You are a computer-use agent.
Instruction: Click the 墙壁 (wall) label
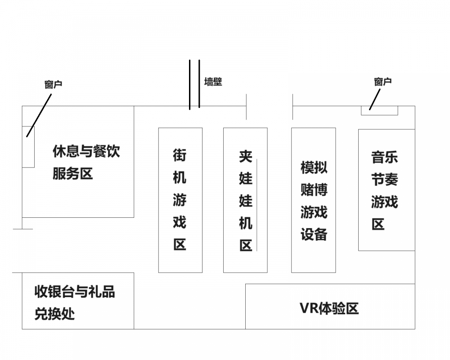(x=213, y=82)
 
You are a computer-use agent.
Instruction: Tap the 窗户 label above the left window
(x=53, y=84)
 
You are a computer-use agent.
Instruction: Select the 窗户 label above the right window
(x=382, y=81)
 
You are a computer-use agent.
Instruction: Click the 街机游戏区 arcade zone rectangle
(x=180, y=200)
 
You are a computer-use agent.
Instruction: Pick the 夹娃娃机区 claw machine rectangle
(x=245, y=200)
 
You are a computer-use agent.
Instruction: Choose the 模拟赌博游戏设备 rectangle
(x=313, y=200)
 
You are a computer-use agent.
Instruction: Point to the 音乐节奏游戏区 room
(x=387, y=189)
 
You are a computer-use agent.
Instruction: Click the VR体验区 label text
(x=329, y=308)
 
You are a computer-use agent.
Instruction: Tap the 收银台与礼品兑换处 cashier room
(x=78, y=301)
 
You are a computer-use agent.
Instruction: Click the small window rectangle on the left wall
(x=28, y=147)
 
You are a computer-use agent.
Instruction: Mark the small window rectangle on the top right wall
(x=379, y=110)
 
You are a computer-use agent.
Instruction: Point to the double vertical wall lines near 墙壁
(x=194, y=85)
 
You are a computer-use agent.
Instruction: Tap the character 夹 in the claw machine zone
(x=246, y=156)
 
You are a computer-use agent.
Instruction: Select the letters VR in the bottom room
(x=309, y=308)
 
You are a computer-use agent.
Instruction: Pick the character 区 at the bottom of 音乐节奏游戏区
(x=378, y=224)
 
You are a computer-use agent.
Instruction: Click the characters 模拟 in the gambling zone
(x=314, y=167)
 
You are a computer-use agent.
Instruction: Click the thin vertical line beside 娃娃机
(x=256, y=205)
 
